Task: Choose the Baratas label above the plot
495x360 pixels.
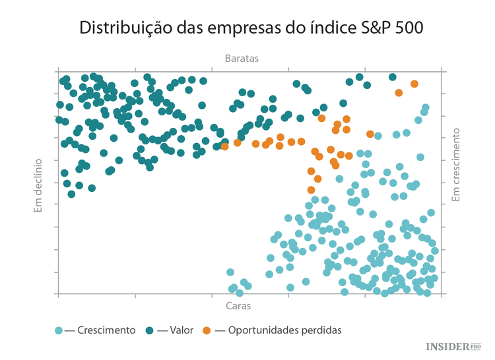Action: (x=241, y=58)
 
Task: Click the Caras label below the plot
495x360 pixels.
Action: (x=238, y=306)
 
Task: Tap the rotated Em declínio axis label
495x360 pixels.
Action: (x=38, y=185)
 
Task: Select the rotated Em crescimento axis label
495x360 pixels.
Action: (x=455, y=165)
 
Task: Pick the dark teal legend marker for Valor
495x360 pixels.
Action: (x=150, y=330)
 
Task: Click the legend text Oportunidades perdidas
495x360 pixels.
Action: (x=284, y=330)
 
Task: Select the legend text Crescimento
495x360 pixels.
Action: (x=106, y=330)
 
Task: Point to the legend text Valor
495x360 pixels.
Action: (x=181, y=330)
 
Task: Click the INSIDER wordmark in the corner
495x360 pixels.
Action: (x=447, y=346)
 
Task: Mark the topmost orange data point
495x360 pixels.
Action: (x=414, y=84)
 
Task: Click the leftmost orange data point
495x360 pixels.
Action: (x=225, y=146)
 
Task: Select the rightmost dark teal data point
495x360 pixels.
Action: (x=393, y=77)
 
